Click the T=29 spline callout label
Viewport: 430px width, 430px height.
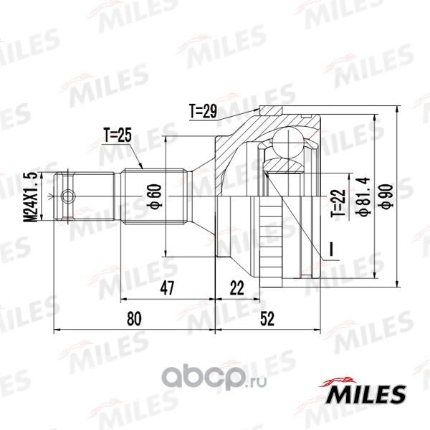(203, 111)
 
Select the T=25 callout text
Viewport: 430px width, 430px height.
(118, 135)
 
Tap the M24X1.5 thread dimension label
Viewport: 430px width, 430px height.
(32, 197)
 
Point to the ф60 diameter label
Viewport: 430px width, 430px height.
(156, 196)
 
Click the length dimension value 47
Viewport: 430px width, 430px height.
(167, 288)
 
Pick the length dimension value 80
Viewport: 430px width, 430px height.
(134, 318)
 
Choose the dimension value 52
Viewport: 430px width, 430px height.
(267, 319)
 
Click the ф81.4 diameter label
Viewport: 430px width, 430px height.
(363, 196)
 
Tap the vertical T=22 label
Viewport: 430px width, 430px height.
(339, 203)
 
